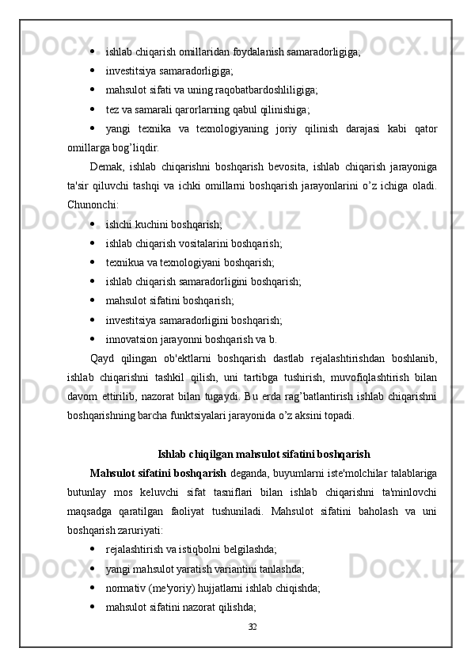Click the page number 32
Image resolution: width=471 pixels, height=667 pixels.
tap(253, 627)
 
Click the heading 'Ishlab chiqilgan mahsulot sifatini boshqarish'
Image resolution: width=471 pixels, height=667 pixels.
tap(264, 455)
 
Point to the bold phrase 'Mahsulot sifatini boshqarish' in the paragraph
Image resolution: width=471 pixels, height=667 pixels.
tap(158, 474)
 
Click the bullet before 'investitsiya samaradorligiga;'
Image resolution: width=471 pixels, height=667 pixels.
tap(93, 71)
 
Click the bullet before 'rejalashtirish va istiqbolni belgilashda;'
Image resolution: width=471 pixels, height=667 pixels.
tap(93, 549)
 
